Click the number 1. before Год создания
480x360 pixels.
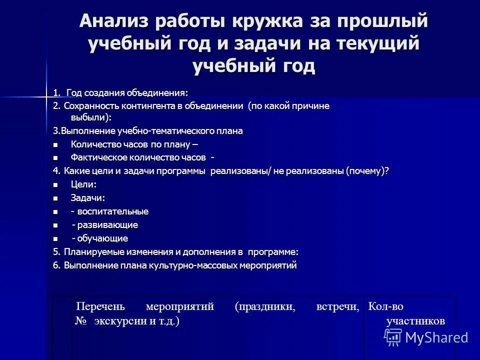click(x=56, y=92)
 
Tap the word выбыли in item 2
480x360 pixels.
click(x=90, y=117)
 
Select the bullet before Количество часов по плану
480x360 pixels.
click(x=55, y=145)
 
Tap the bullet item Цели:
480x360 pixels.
click(x=83, y=184)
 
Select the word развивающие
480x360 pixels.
click(x=110, y=225)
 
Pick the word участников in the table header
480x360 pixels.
click(x=415, y=321)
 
